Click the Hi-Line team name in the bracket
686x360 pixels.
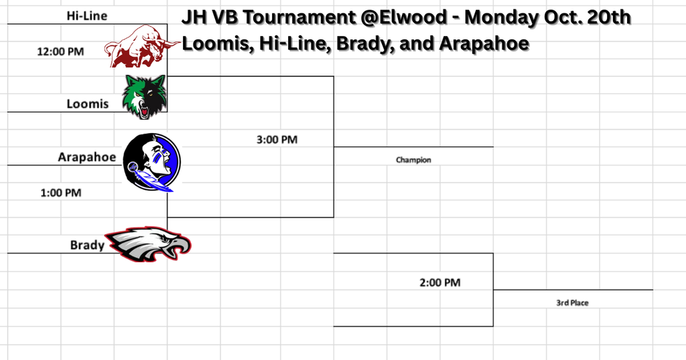pos(86,15)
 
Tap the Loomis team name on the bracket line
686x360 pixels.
pos(87,104)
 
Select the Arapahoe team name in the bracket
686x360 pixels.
pos(86,157)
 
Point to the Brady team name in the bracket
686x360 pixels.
pos(87,245)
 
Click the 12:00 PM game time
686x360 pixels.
pos(60,51)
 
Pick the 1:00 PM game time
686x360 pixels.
pos(60,193)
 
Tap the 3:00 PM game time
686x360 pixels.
pos(277,140)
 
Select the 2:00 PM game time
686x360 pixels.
pos(439,282)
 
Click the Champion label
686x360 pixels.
pos(413,160)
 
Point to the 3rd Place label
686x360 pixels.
pos(572,303)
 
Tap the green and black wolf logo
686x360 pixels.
pos(144,96)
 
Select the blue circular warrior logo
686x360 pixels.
pos(152,162)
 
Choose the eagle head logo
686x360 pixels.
pos(150,244)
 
